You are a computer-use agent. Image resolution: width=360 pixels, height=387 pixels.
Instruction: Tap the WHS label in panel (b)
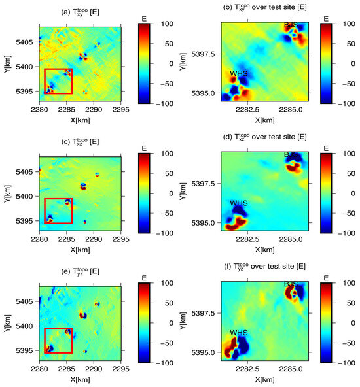[239, 73]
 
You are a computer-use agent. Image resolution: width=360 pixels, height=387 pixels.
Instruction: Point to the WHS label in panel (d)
[239, 203]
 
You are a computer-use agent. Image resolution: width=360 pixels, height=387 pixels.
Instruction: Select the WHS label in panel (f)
[239, 333]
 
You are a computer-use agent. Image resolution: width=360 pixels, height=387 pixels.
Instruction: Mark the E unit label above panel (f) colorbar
[325, 277]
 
